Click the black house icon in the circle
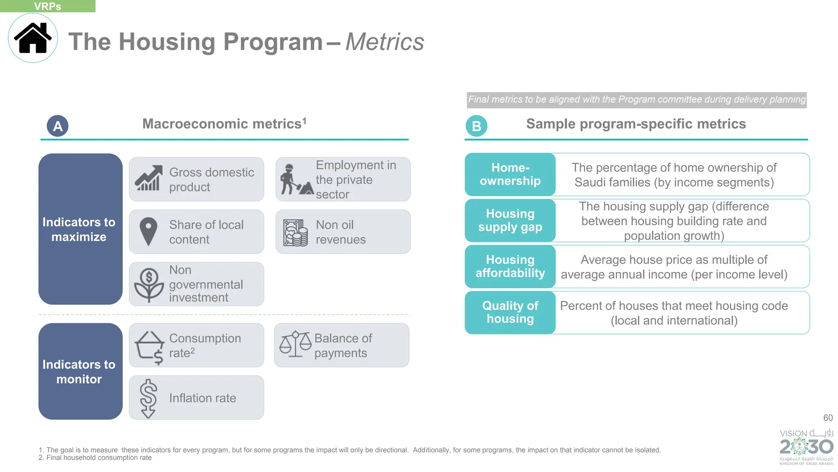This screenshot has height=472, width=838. tap(33, 38)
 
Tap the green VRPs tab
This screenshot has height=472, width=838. tap(47, 6)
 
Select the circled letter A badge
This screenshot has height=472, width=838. tap(58, 126)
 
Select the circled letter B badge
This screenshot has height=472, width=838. tap(476, 126)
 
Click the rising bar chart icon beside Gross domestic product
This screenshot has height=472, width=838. tap(148, 179)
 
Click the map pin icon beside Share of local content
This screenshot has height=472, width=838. tap(148, 231)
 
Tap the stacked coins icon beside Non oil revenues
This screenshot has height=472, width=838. tap(295, 233)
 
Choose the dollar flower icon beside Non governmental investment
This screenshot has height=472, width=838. tap(149, 285)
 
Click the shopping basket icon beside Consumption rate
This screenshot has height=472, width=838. tap(150, 347)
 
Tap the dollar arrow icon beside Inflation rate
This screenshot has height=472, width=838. tap(148, 398)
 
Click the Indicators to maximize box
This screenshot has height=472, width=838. tap(80, 229)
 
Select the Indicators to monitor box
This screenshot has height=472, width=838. tap(80, 371)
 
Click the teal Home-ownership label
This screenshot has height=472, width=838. tap(510, 174)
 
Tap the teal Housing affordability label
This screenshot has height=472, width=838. tap(510, 266)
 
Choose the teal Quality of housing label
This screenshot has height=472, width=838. tap(510, 312)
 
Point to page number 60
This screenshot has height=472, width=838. tap(828, 418)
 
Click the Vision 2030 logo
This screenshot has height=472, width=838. tap(806, 447)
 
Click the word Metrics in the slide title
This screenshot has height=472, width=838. tap(385, 42)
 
